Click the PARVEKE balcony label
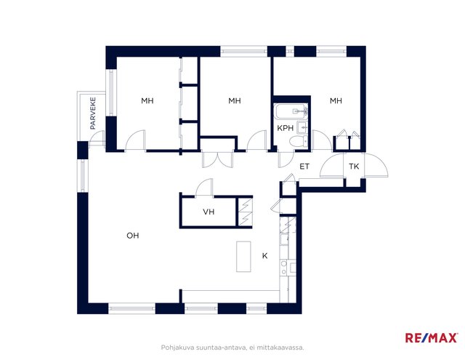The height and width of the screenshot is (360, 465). coord(93,113)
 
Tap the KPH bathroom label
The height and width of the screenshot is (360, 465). coord(286,128)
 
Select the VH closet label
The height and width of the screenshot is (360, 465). coord(209,212)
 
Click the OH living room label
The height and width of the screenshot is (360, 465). coord(132,236)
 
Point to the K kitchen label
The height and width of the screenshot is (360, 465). coord(264,256)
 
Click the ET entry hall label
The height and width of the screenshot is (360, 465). coord(304,167)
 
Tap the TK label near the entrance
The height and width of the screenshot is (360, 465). coord(354,167)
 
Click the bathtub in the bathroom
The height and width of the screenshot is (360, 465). coord(291,111)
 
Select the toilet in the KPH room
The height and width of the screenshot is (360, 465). coord(299,142)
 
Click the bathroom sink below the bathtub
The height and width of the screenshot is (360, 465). coord(302,128)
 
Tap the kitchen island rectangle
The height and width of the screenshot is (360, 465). coord(243,257)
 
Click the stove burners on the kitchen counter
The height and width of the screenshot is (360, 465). coord(284,268)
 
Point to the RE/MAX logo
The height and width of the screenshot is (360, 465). coord(431,337)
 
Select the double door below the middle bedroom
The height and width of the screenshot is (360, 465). coord(217,160)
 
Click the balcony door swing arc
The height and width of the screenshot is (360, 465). coord(97,138)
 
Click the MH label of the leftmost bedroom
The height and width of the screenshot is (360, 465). coord(147,101)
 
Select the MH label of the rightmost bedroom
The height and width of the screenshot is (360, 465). coord(336,101)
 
